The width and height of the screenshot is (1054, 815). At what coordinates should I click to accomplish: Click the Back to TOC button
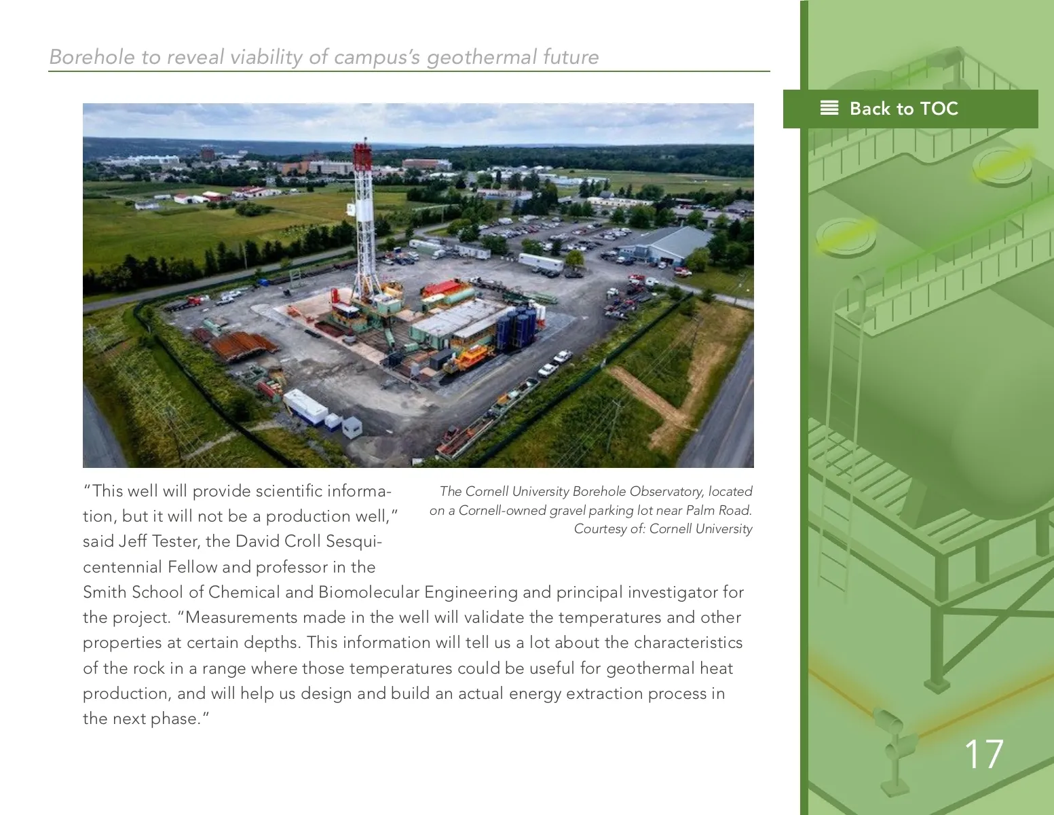pos(910,109)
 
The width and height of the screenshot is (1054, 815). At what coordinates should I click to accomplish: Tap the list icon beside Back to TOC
pos(829,109)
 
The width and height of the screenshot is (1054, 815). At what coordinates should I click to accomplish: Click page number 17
pos(983,755)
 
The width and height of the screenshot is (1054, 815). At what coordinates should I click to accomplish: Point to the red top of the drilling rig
pos(363,153)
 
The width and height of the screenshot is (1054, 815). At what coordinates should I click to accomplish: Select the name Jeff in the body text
pos(132,541)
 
